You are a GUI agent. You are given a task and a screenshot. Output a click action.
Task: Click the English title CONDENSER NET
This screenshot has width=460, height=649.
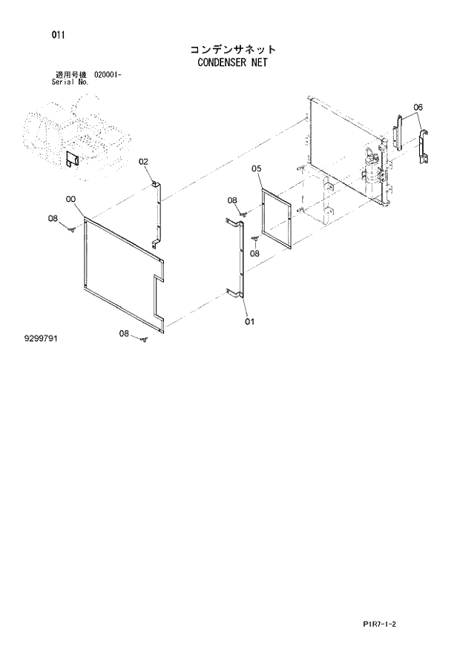click(x=232, y=62)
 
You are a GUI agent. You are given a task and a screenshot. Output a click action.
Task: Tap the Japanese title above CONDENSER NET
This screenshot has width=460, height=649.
click(x=232, y=49)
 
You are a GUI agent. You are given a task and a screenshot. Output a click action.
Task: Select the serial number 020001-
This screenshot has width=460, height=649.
click(x=113, y=75)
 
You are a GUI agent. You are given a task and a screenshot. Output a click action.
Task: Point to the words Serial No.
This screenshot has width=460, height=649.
click(x=70, y=82)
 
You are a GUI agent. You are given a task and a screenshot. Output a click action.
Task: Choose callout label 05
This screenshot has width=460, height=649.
click(x=256, y=168)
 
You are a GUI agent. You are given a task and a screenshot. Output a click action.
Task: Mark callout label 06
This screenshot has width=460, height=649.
click(x=418, y=108)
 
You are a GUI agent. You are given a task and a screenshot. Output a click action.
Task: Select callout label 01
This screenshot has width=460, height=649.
click(x=249, y=321)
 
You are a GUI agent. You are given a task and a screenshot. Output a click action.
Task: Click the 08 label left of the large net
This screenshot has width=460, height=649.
click(x=53, y=218)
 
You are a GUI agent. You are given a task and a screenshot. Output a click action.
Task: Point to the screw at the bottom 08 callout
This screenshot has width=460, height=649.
click(x=145, y=340)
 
